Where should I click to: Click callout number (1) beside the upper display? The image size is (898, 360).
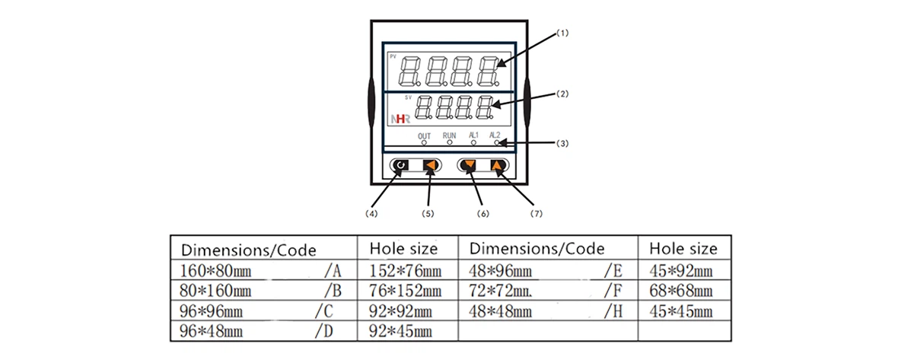click(564, 33)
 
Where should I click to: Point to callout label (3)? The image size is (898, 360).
click(563, 142)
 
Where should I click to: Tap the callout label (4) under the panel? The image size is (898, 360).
click(371, 214)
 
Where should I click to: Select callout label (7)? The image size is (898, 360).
click(537, 214)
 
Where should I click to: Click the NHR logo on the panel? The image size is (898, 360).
click(400, 119)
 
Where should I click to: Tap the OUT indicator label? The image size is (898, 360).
click(424, 135)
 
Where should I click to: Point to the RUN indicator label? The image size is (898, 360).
click(449, 135)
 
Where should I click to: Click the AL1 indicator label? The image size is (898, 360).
click(473, 135)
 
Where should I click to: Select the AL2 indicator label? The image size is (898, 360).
click(495, 135)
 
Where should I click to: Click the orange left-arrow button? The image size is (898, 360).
click(430, 165)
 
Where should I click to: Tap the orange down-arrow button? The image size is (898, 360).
click(470, 165)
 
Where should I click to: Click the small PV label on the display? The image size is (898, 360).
click(393, 57)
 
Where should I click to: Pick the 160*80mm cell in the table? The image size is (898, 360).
click(215, 270)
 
